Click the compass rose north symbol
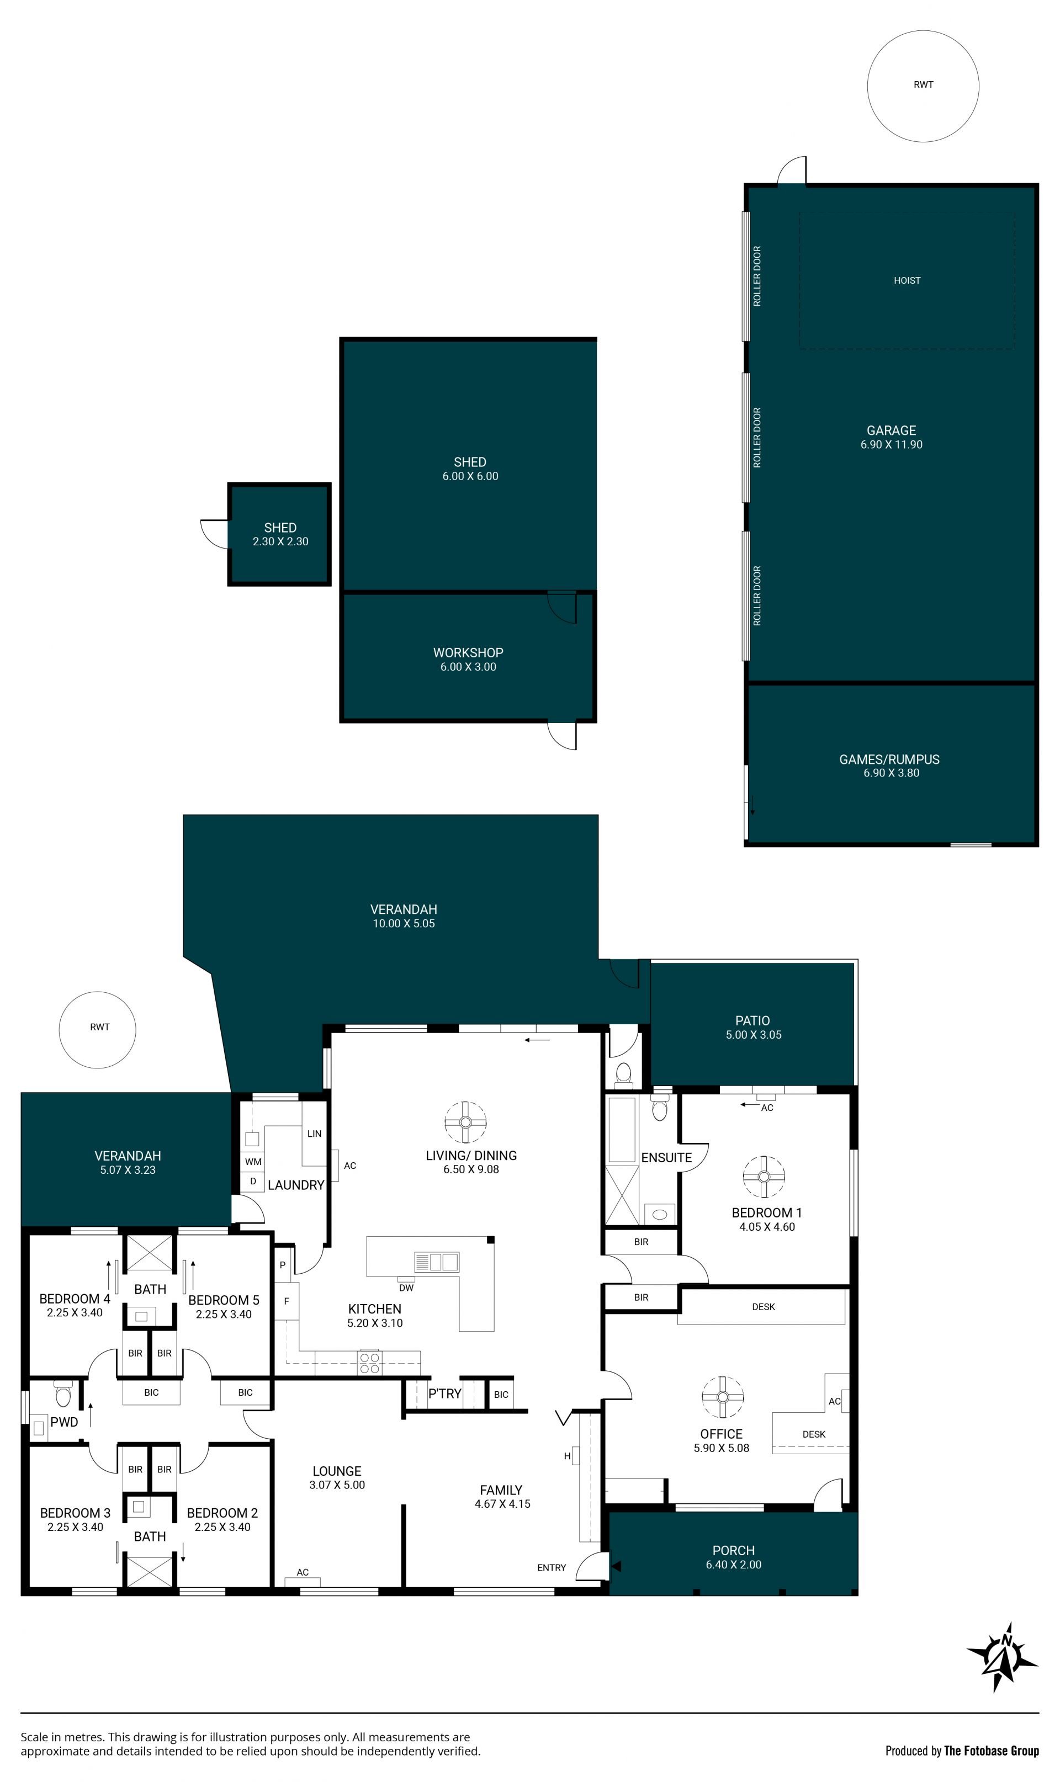[1002, 1658]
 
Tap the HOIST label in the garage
[907, 280]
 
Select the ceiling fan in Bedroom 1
[764, 1176]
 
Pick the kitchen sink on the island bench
[437, 1262]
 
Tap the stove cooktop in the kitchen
[369, 1362]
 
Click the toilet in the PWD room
[63, 1393]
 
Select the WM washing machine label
[253, 1162]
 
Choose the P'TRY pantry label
[444, 1393]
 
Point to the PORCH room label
[734, 1551]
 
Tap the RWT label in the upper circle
[924, 84]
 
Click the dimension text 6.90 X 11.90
[892, 444]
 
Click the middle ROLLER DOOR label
[757, 438]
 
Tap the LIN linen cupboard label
[314, 1134]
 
